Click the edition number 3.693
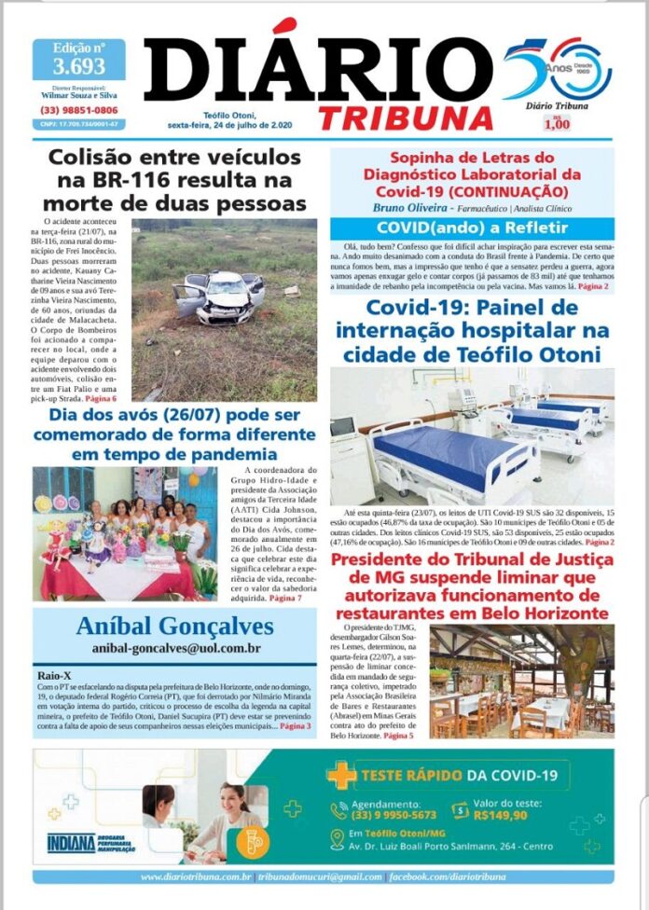click(78, 66)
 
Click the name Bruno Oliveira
click(411, 207)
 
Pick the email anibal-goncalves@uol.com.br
click(175, 647)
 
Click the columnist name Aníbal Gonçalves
click(174, 625)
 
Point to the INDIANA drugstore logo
click(72, 842)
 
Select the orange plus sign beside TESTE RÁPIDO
click(341, 774)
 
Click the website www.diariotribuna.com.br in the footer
click(196, 876)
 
